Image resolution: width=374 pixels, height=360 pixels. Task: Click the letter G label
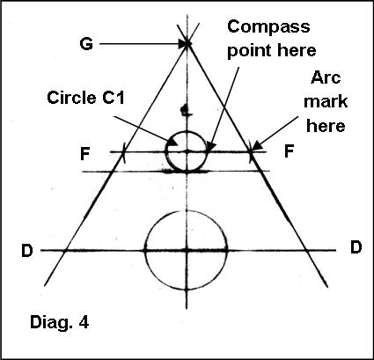point(86,44)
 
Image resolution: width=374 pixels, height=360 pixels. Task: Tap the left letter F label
point(84,154)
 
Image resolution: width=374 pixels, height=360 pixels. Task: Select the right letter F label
point(289,151)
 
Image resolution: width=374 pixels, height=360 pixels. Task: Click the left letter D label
point(27,251)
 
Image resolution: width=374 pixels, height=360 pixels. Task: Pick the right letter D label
point(356,247)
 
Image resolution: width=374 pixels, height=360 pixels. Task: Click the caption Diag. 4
point(59,323)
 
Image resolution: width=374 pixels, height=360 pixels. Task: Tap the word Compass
point(268,27)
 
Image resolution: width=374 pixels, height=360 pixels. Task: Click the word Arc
point(326,77)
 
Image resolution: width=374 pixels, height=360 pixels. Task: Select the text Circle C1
point(85,98)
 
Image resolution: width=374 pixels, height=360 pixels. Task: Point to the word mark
point(326,102)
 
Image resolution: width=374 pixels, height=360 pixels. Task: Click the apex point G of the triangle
point(187,43)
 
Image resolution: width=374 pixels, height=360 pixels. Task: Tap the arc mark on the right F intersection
point(251,152)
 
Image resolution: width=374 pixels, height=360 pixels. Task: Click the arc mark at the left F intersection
point(124,152)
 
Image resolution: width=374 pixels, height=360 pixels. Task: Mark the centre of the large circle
point(187,250)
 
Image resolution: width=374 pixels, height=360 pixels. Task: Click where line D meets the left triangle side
point(66,250)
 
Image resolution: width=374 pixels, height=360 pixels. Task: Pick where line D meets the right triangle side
point(306,250)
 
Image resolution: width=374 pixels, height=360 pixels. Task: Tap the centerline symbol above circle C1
point(185,111)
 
